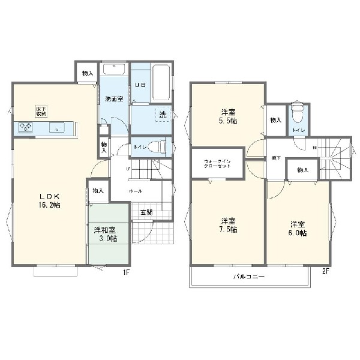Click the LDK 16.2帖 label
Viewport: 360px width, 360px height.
tap(50, 200)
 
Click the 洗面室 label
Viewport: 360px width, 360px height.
tap(115, 98)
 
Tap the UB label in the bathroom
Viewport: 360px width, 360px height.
tap(139, 86)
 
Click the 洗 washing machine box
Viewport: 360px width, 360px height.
tap(163, 114)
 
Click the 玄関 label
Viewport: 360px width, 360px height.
tap(146, 211)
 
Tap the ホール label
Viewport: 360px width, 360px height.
tap(135, 190)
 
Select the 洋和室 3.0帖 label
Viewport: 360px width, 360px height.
tap(105, 234)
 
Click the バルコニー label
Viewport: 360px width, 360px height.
tap(249, 277)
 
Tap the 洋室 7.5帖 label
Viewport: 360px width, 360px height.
tap(228, 225)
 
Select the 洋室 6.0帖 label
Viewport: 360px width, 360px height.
tap(298, 229)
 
